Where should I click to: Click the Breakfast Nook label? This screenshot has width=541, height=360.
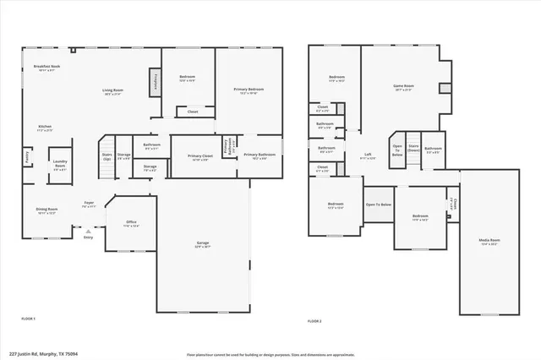pos(47,68)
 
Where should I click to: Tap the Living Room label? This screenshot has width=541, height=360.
pos(112,92)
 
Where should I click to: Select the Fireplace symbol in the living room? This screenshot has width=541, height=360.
pos(156,82)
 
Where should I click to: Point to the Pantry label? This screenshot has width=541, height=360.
pos(28,156)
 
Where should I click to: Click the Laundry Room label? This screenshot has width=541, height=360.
pos(59,166)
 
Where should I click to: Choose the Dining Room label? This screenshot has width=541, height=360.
pos(46,210)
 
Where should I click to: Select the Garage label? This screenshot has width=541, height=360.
pos(203,245)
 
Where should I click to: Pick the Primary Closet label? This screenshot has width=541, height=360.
pos(200,157)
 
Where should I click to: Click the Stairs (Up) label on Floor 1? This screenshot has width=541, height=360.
pos(107,156)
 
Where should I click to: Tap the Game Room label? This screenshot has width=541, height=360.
pos(403,87)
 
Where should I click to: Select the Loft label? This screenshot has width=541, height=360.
pos(368,155)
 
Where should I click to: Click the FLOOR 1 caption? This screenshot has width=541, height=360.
pos(28,318)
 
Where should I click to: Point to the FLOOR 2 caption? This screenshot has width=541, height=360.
pos(314,321)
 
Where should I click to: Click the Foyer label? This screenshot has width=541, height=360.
pos(89,204)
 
